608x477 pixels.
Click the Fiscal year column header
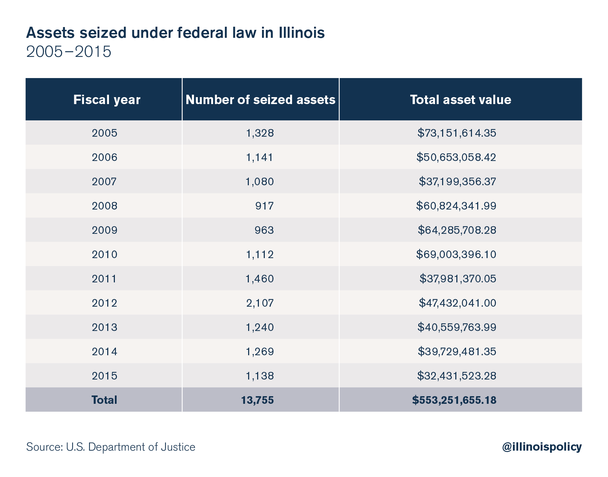tap(107, 100)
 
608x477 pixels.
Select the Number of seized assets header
tap(260, 100)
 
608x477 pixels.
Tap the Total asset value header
tap(460, 100)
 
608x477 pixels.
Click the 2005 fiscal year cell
tap(104, 133)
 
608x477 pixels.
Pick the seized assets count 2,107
tap(260, 303)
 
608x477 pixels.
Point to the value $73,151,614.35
tap(456, 133)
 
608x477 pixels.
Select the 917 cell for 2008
tap(264, 206)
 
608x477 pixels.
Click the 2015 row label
tap(104, 376)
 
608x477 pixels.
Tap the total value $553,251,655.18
tap(454, 400)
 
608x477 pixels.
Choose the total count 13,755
tap(257, 400)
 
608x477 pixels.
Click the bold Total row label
tap(104, 400)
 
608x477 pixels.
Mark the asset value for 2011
tap(457, 279)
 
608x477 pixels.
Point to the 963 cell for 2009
tap(264, 230)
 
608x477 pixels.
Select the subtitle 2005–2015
tap(69, 52)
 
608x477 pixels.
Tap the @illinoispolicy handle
tap(541, 447)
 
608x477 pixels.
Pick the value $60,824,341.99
tap(456, 206)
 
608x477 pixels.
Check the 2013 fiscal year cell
tap(104, 327)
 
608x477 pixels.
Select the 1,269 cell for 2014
tap(260, 352)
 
